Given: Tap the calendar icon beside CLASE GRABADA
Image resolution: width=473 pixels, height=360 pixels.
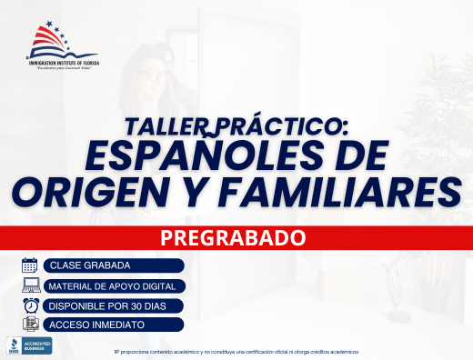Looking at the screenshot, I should click(29, 265).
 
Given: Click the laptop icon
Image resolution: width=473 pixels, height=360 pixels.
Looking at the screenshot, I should click(29, 285).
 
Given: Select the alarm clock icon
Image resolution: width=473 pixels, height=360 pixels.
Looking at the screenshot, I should click(29, 305).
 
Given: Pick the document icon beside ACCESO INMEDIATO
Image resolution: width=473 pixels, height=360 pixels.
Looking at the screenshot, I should click(29, 325).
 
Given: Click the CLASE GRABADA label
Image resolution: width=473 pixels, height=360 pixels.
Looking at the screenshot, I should click(90, 265).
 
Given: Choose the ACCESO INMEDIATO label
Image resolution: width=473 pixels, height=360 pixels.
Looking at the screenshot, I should click(96, 325).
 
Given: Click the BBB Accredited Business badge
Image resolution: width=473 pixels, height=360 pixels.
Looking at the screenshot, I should click(29, 345).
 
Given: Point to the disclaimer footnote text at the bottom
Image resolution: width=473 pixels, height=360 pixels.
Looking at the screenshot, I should click(236, 351).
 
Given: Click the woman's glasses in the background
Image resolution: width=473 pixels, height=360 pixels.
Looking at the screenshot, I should click(156, 73).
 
